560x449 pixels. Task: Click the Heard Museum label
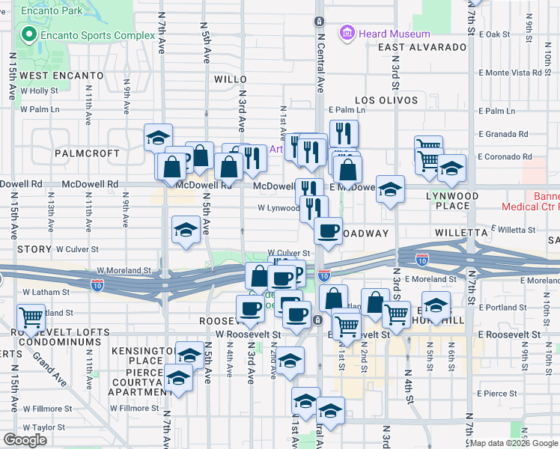(395, 34)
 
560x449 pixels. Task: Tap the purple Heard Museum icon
(346, 33)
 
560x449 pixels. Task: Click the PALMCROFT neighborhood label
(87, 153)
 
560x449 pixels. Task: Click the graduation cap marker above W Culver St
(186, 230)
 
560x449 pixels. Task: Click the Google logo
(25, 440)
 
